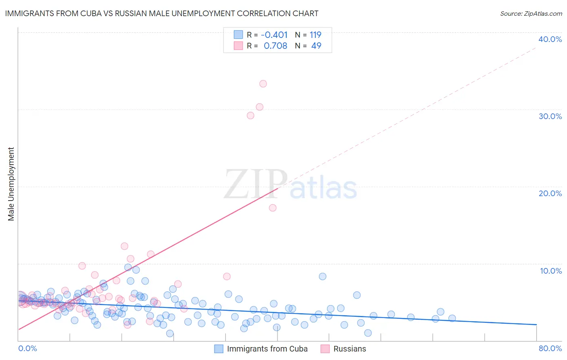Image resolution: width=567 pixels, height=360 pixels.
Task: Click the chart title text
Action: pos(162,13)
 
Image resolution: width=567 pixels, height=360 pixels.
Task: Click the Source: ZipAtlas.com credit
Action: pos(531,13)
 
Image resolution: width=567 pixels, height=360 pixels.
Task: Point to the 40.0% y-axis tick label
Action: pos(550,39)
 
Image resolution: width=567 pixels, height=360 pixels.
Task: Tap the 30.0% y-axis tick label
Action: pos(550,116)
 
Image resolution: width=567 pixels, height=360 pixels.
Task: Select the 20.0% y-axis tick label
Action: pos(550,193)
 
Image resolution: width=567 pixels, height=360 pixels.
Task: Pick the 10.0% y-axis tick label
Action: pos(551,271)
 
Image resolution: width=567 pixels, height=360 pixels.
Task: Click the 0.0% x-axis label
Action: pos(27,348)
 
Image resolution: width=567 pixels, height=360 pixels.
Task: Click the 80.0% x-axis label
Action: pos(550,348)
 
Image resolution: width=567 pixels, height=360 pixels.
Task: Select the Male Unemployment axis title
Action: pos(11,184)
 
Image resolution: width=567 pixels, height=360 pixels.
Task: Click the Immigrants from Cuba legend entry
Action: pos(267,349)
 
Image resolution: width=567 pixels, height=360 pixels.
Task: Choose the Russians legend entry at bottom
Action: pos(350,349)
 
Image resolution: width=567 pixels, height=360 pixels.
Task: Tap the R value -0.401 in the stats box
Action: pos(274,35)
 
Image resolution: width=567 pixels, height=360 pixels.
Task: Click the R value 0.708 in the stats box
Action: pos(275,46)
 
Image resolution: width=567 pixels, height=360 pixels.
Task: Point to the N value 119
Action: pos(315,35)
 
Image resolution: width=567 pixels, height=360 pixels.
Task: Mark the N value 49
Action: pos(316,46)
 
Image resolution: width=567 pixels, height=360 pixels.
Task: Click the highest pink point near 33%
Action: pos(263,84)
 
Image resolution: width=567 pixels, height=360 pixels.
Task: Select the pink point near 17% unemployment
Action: pos(273,208)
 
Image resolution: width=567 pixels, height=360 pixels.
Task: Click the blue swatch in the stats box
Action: pos(238,35)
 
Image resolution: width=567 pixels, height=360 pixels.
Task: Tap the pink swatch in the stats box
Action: pos(238,46)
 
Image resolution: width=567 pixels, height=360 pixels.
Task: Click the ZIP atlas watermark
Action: pos(290,185)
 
